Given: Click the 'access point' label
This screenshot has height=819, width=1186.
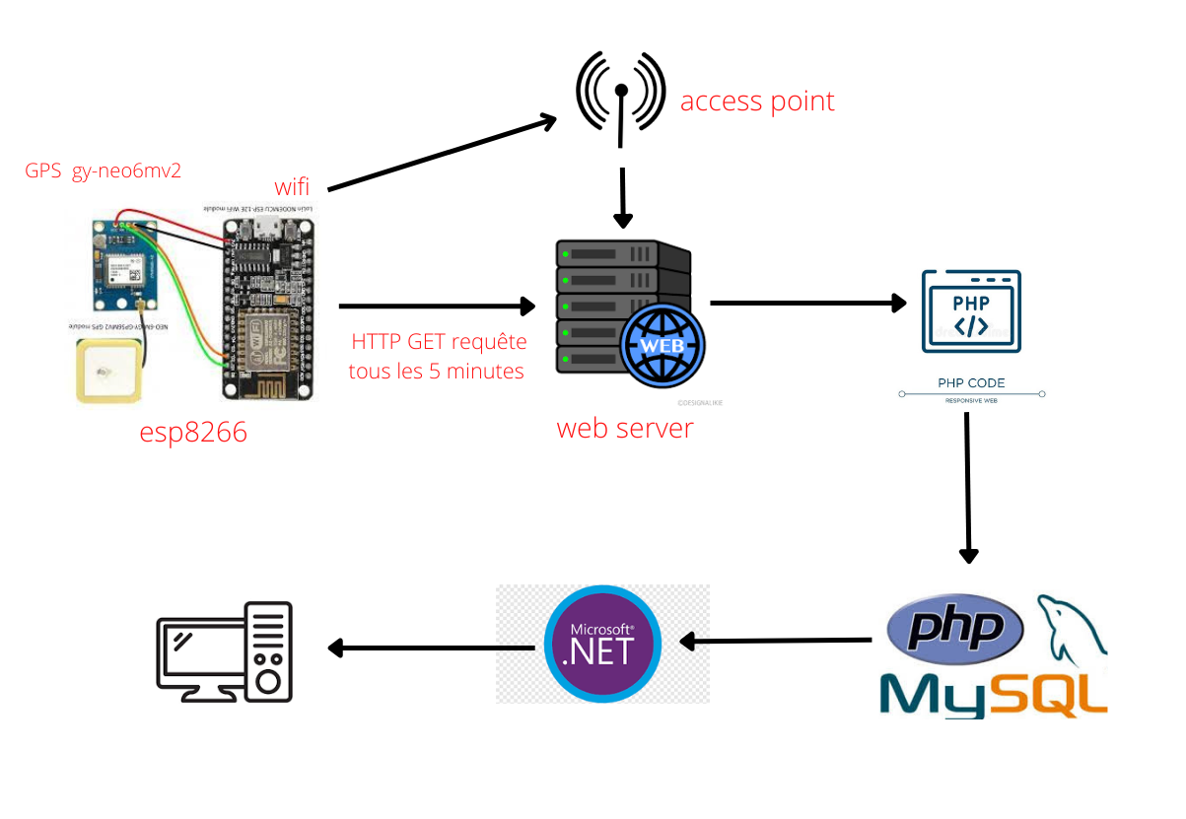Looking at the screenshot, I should click(757, 102).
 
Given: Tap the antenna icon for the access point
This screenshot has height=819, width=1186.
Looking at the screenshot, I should click(621, 95).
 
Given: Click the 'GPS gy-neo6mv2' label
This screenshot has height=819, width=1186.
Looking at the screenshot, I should click(103, 171).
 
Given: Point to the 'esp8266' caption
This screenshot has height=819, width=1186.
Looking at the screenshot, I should click(194, 431).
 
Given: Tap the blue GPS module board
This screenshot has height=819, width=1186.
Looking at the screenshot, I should click(126, 265).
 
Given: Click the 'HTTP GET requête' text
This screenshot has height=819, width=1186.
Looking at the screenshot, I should click(439, 342).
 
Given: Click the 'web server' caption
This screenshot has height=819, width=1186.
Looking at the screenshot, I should click(625, 428).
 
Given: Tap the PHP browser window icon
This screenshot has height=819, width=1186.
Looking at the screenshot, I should click(971, 311).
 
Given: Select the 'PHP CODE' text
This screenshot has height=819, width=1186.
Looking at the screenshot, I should click(971, 382).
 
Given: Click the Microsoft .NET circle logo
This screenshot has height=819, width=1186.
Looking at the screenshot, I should click(602, 644).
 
